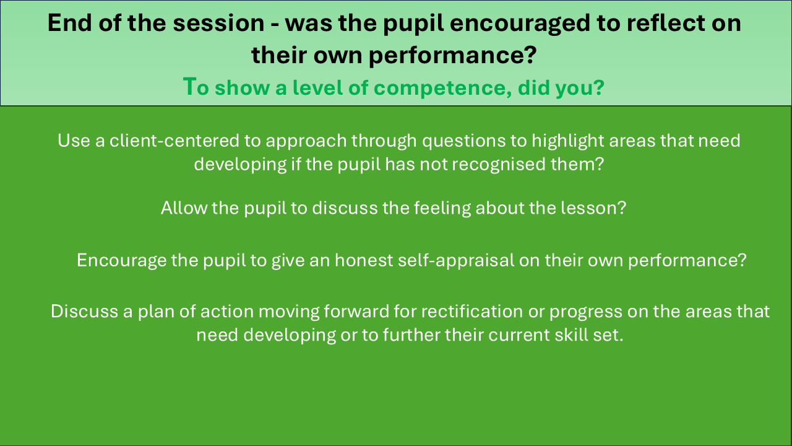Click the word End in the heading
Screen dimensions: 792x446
click(70, 23)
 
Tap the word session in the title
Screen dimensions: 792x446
click(218, 24)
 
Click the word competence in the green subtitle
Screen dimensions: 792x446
click(442, 89)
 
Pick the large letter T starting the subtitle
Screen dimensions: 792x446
click(189, 86)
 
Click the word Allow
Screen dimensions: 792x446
click(184, 208)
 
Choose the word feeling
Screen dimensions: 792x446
click(442, 209)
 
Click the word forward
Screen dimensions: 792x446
click(356, 312)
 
